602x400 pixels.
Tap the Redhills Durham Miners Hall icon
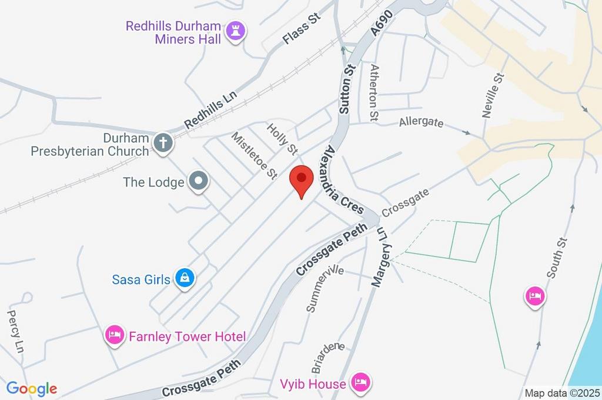(236, 33)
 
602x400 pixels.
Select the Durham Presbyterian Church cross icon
(162, 143)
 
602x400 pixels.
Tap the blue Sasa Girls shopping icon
(185, 278)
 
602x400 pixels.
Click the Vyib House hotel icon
(359, 384)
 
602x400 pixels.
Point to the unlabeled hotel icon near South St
(534, 295)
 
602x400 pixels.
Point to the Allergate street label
(420, 123)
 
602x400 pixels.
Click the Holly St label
(282, 139)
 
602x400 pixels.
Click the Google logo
(32, 388)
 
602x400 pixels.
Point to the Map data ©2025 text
(563, 393)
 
